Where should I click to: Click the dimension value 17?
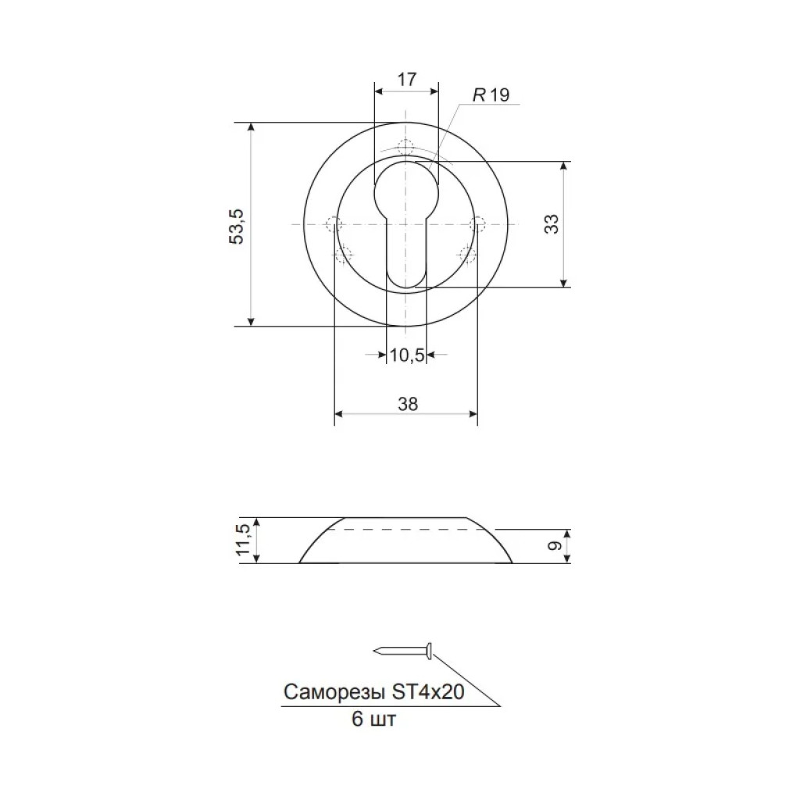click(406, 80)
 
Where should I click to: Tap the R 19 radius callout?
click(491, 95)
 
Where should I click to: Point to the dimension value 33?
click(552, 224)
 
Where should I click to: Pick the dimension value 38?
click(408, 404)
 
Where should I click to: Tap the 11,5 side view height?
click(244, 541)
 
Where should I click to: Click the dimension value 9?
click(554, 546)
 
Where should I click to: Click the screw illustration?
click(404, 651)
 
